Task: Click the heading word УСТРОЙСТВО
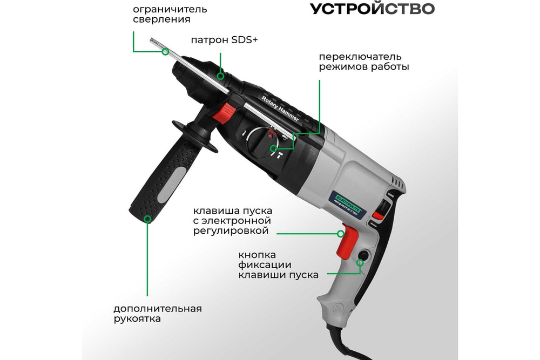point(372,9)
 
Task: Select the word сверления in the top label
point(161,19)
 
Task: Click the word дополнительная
point(158,309)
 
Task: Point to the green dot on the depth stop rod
point(165,52)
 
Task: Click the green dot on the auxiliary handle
point(147,219)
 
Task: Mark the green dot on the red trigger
point(341,234)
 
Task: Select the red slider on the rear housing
point(386,208)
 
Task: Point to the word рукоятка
point(137,319)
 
